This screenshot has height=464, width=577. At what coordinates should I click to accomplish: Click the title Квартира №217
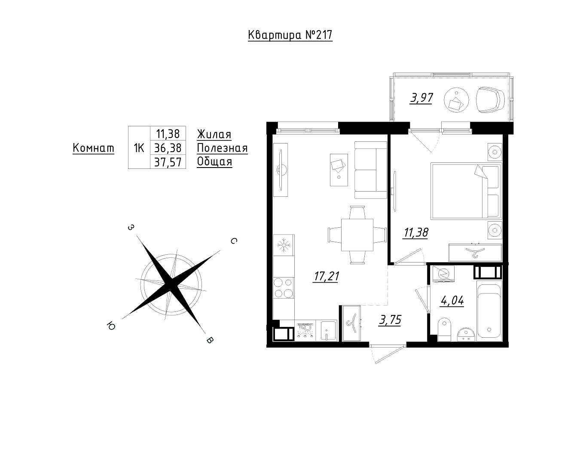[290, 35]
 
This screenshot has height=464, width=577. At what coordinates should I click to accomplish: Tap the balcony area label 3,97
[421, 98]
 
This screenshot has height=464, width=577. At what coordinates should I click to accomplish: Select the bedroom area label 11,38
[416, 232]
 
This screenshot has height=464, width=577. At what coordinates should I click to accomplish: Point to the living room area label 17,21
[326, 276]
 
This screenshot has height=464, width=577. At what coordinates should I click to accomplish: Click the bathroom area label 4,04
[452, 301]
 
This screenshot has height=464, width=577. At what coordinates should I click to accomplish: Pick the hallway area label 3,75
[390, 320]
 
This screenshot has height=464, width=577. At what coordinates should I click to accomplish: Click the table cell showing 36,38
[168, 148]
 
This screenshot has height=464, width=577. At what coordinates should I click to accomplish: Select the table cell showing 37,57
[168, 162]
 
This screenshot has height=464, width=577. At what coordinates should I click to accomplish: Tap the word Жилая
[214, 134]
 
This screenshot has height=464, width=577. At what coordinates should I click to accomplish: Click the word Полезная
[222, 148]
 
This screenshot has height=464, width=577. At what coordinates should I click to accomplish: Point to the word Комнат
[93, 148]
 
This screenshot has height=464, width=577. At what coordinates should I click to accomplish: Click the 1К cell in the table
[139, 148]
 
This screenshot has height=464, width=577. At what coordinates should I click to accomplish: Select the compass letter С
[234, 241]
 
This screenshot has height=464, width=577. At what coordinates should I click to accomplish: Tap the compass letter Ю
[111, 326]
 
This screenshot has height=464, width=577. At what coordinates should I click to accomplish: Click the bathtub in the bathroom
[489, 311]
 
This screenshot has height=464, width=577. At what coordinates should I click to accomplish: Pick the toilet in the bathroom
[444, 330]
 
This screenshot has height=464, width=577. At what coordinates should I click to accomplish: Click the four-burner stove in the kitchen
[284, 288]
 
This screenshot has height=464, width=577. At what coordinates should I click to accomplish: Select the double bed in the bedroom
[466, 191]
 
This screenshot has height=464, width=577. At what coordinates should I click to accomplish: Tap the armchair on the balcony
[490, 100]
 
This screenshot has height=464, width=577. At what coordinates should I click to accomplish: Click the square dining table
[357, 235]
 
